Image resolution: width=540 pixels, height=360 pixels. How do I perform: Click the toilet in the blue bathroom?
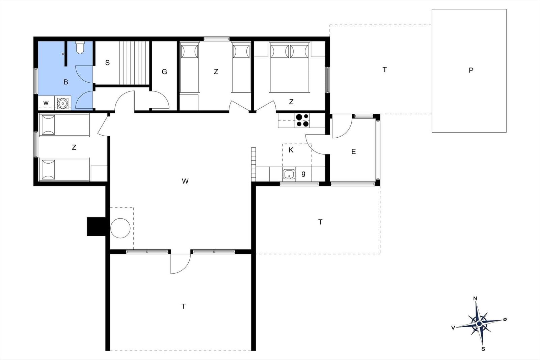80,48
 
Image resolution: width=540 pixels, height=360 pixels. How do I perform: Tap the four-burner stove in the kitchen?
302,120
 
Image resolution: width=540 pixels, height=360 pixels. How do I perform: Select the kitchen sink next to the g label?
289,174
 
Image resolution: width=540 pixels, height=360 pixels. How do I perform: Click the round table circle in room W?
120,228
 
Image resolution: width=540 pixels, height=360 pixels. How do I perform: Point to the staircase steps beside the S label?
134,63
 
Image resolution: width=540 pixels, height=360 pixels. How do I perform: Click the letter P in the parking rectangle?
471,71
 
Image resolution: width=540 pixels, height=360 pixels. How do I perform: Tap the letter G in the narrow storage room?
164,72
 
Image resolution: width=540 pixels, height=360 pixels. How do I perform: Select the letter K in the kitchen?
291,150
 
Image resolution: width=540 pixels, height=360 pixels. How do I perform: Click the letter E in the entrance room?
353,151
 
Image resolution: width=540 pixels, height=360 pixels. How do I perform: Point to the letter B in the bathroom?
65,82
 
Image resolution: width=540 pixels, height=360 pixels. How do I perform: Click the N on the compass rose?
475,299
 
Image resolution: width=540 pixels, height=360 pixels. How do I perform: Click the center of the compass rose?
479,323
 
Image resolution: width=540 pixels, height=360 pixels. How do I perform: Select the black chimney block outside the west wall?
96,226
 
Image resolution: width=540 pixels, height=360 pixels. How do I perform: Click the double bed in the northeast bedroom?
289,67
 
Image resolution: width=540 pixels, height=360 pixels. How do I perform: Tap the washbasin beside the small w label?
63,103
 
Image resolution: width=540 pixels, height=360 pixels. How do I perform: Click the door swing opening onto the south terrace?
180,264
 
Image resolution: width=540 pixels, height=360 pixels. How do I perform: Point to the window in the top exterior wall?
216,38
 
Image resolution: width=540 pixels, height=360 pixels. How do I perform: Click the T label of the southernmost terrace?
184,306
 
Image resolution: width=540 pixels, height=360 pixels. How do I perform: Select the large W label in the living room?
185,181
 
